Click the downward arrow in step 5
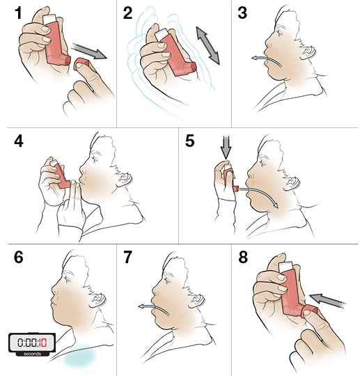point(226,148)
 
